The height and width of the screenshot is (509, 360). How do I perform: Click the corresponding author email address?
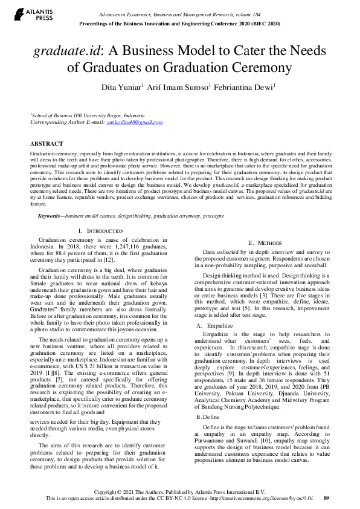tap(135, 122)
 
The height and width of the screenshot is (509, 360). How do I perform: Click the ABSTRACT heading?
tap(47, 144)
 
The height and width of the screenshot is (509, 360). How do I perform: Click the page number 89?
tap(326, 498)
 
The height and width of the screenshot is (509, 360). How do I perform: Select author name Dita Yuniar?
tap(120, 88)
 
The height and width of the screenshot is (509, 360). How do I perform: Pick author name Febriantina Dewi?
tap(247, 88)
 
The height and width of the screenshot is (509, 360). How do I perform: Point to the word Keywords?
tap(51, 216)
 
